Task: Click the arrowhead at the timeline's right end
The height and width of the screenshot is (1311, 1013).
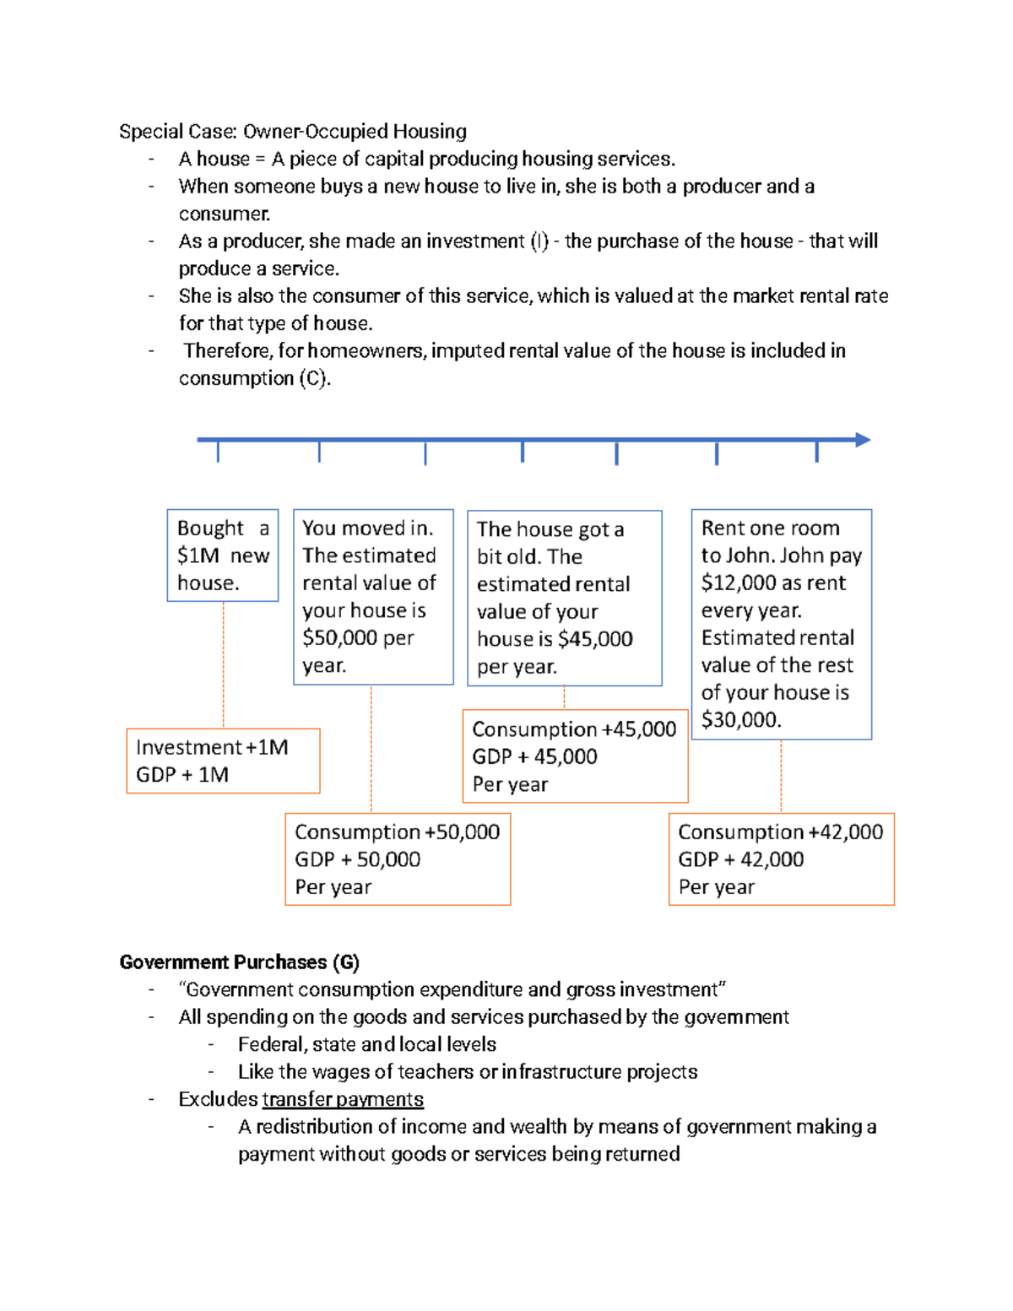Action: click(863, 440)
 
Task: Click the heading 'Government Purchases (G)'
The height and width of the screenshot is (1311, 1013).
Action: click(239, 962)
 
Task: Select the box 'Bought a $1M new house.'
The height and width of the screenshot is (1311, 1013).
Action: click(223, 555)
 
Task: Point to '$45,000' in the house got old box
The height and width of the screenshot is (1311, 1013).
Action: click(595, 639)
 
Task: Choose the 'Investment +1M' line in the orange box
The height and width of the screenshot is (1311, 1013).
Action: click(212, 748)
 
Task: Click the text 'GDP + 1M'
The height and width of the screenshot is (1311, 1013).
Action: click(182, 775)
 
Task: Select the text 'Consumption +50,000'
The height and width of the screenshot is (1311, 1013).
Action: click(397, 832)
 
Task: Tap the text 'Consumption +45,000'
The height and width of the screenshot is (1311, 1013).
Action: click(574, 729)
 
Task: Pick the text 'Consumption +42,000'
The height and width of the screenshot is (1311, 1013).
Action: click(780, 832)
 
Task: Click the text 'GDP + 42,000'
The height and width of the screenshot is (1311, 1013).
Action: click(741, 859)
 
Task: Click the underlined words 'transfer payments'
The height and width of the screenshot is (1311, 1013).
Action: click(343, 1099)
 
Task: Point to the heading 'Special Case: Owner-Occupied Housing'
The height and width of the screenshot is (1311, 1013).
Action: click(293, 132)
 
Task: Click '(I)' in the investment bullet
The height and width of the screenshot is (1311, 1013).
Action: click(539, 241)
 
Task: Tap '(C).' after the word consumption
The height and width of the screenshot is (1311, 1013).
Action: click(315, 378)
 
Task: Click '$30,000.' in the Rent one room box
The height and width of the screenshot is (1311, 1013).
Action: click(741, 720)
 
